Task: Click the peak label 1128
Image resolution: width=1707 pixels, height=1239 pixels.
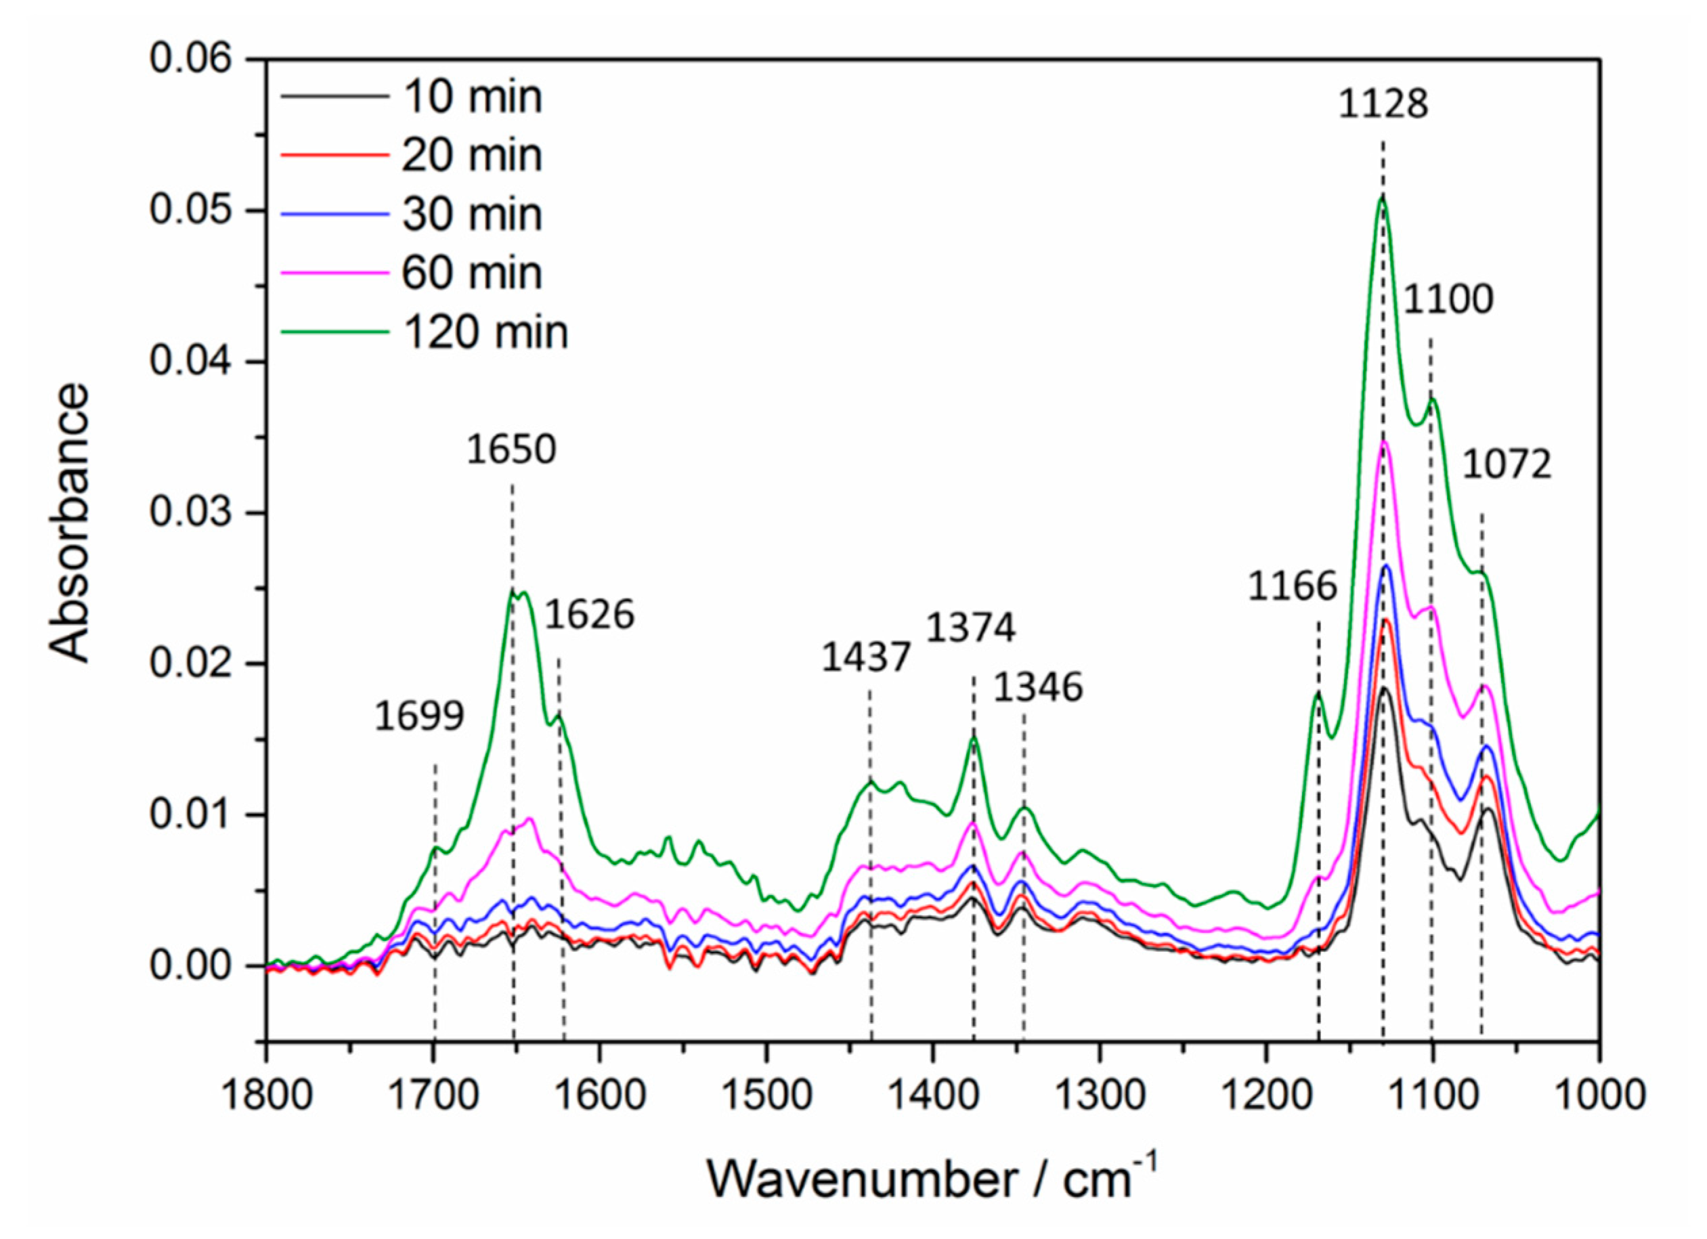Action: click(x=1383, y=104)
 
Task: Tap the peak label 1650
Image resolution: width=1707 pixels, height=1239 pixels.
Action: click(x=511, y=450)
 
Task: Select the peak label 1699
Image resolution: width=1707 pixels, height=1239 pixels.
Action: click(x=419, y=716)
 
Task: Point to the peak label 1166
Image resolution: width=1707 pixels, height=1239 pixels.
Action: click(x=1293, y=586)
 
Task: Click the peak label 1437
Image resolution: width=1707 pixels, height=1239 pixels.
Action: click(x=866, y=657)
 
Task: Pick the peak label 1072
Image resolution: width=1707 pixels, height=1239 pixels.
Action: click(x=1507, y=464)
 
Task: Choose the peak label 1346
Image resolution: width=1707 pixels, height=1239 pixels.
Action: click(x=1038, y=687)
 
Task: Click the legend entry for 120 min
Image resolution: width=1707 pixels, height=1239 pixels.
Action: click(x=485, y=331)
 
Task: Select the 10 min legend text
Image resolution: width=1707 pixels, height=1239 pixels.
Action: click(x=472, y=96)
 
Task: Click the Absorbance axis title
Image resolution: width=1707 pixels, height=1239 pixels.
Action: click(x=69, y=524)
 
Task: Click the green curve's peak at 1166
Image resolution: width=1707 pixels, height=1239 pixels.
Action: click(x=1318, y=693)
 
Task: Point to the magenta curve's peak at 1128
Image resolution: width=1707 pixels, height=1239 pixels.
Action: click(x=1383, y=443)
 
